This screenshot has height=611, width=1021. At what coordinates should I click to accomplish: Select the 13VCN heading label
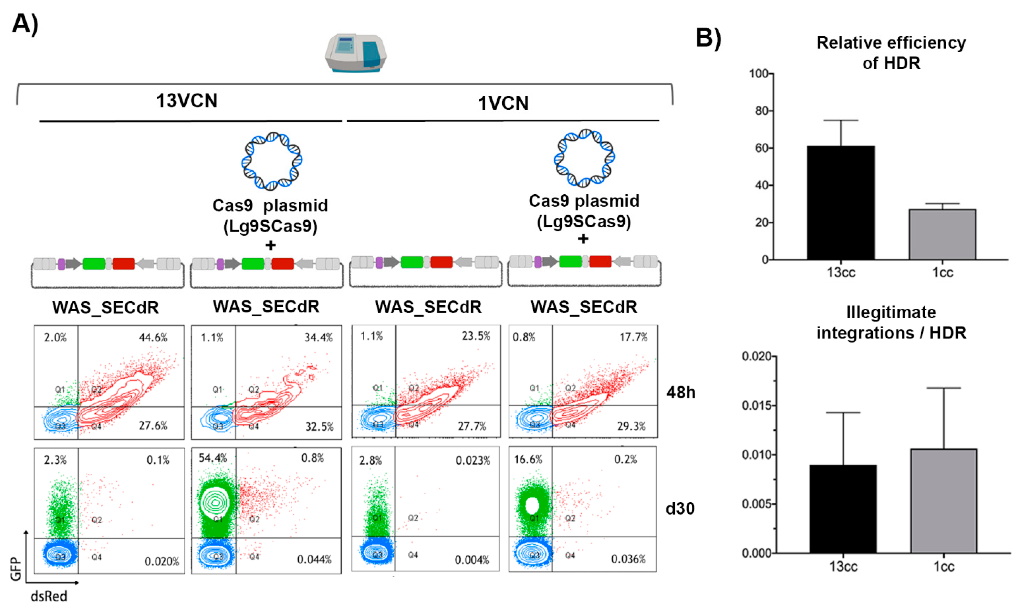tap(187, 100)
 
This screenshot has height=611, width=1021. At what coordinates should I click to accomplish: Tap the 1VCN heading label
tap(503, 103)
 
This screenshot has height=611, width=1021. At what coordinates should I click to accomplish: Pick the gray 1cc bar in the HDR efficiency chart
tap(942, 234)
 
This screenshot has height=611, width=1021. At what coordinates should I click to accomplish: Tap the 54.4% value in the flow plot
tap(212, 458)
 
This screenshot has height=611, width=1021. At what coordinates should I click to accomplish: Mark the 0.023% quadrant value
tap(472, 460)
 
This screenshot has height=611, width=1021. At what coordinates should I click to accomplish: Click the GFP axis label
tap(16, 569)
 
